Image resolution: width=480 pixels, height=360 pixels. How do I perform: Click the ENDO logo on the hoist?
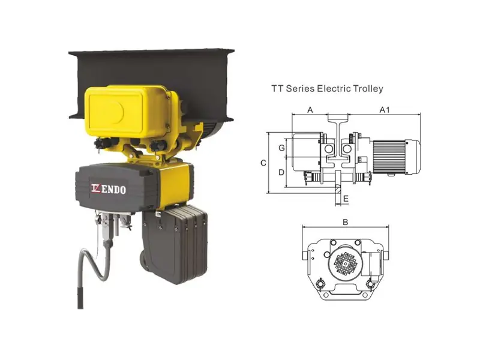pos(109,189)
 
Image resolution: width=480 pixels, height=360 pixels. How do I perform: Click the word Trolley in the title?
pos(368,89)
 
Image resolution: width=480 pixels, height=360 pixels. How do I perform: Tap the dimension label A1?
pos(385,110)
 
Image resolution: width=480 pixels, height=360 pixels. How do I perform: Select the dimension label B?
pos(346,222)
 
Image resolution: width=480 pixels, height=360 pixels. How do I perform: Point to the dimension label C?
pos(263,163)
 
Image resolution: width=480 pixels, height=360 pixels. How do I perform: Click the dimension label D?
pos(281,173)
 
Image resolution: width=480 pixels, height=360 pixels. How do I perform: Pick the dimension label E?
pos(346,199)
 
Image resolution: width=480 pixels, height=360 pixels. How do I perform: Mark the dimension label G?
pos(281,148)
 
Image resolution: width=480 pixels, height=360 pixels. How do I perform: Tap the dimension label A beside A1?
pos(310,110)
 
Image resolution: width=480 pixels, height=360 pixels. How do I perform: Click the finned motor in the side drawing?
pos(396,157)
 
